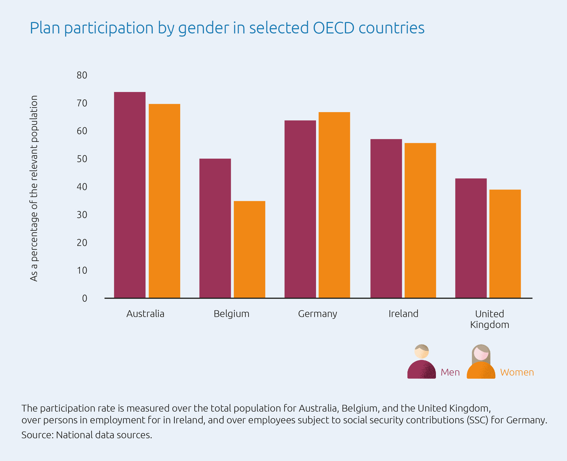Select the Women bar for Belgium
coord(249,249)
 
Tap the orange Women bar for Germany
coord(334,205)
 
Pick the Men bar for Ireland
coord(386,218)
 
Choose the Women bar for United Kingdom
coord(505,244)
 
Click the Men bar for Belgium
coord(215,228)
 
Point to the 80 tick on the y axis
coord(82,75)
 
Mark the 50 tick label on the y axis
coord(82,159)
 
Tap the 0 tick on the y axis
coord(85,298)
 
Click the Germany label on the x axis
coord(318,314)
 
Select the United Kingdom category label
coord(489,319)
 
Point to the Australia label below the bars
coord(145,314)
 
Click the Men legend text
coord(450,372)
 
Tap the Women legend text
coord(517,372)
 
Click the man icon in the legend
coord(421,362)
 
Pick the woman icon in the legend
coord(481,362)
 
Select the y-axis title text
coord(34,188)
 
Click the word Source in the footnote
coord(37,435)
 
